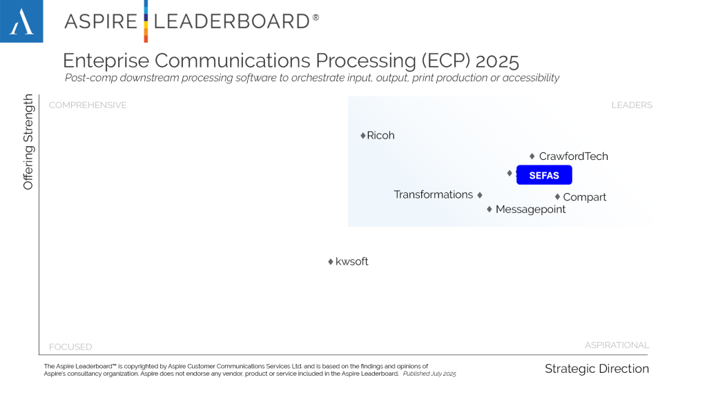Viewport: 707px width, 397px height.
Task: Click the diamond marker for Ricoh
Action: click(x=363, y=136)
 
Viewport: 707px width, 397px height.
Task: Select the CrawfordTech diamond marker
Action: click(x=532, y=156)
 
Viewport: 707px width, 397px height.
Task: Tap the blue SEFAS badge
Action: click(x=544, y=176)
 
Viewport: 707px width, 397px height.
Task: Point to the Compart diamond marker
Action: click(x=558, y=196)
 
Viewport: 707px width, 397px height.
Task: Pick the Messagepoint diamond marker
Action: click(x=490, y=209)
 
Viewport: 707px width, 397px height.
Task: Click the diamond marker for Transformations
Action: click(x=480, y=195)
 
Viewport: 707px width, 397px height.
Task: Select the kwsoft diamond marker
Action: click(x=331, y=262)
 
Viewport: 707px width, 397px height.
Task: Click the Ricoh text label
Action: click(x=381, y=136)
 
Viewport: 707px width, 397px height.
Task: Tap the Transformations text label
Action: click(x=434, y=194)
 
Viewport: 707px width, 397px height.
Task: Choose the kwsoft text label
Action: click(x=352, y=262)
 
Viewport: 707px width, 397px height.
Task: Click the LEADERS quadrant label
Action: click(x=632, y=105)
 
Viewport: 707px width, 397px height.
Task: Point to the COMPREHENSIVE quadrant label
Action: click(x=88, y=105)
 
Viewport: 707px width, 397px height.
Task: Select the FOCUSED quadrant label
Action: click(x=70, y=347)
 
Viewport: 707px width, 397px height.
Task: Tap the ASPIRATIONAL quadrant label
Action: click(x=617, y=345)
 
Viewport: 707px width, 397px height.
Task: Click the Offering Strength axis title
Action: click(x=28, y=143)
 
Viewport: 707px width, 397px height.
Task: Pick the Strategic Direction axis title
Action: click(x=597, y=369)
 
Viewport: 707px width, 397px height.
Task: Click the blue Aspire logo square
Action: click(x=21, y=21)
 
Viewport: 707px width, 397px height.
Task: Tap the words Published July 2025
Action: click(x=430, y=374)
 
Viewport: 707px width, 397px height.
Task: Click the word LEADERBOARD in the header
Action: click(x=231, y=21)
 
